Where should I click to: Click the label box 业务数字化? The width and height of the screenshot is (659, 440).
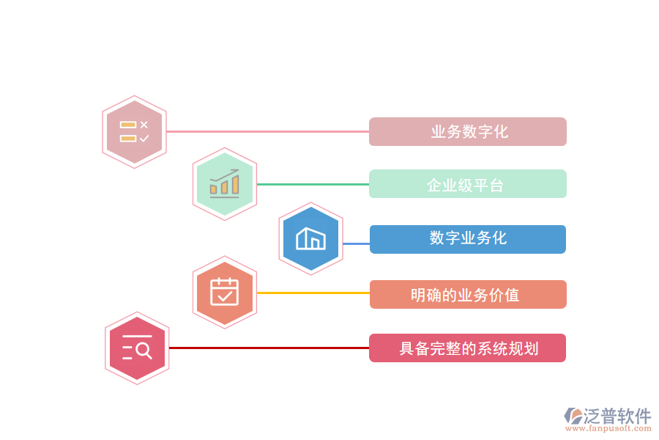467,132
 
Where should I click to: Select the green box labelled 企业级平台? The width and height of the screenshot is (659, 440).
467,184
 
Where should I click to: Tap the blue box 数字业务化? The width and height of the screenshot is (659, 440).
467,239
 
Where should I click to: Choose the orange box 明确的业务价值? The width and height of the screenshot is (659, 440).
467,294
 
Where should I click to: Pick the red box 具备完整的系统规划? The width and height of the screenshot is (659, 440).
467,348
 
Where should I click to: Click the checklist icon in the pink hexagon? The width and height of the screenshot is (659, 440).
134,132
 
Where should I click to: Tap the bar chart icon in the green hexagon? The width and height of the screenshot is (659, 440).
224,184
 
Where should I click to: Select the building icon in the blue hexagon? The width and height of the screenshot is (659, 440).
310,239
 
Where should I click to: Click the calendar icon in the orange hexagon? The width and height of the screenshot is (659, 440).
224,292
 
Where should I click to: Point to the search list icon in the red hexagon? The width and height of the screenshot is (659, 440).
137,348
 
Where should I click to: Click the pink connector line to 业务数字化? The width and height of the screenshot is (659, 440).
267,132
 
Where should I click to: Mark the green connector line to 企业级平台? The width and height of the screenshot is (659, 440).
313,184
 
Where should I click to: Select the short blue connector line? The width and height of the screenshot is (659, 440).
356,243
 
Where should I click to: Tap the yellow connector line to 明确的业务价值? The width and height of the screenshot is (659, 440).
313,293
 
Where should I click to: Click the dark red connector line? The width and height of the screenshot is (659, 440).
269,348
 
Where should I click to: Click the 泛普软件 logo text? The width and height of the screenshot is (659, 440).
617,416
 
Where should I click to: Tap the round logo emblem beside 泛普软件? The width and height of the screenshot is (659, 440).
573,416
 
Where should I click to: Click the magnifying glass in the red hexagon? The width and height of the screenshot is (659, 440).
144,351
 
